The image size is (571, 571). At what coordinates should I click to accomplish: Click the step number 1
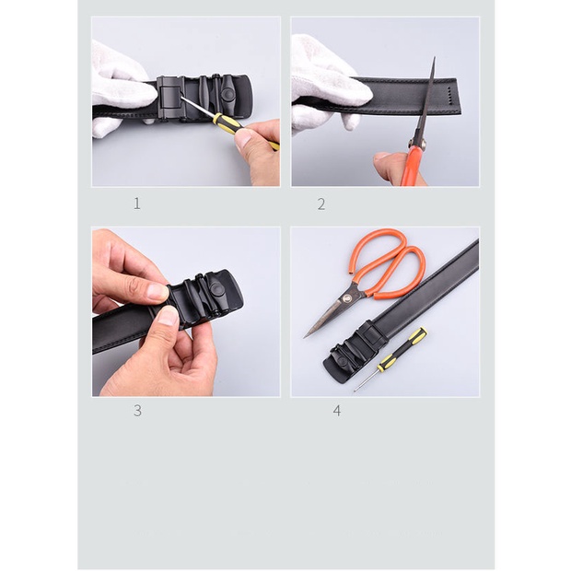[x=137, y=204]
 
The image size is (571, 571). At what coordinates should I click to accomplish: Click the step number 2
[x=321, y=204]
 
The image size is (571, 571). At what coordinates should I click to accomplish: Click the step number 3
[x=137, y=411]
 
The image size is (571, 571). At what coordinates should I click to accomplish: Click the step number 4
[x=337, y=411]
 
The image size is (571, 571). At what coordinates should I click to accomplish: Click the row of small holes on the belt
[x=449, y=95]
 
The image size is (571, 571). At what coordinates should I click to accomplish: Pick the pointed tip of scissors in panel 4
[x=305, y=338]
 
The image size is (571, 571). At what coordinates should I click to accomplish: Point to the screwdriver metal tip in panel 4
[x=355, y=390]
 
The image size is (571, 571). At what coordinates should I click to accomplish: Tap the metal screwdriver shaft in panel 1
[x=198, y=107]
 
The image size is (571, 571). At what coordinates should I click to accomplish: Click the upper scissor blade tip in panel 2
[x=434, y=58]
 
